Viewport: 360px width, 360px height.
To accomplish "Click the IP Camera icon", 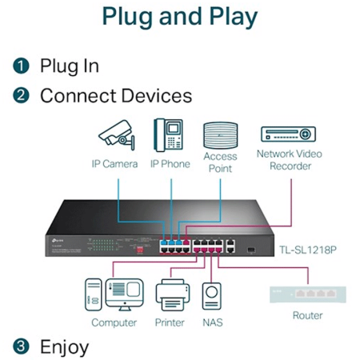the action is [117, 135].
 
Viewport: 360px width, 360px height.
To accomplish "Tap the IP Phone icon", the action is [168, 135].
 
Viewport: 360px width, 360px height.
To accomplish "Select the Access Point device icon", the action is [220, 135].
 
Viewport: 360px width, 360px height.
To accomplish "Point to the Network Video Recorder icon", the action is [288, 134].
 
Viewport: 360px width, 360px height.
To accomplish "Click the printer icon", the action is [173, 295].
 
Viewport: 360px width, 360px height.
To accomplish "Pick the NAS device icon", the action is [212, 296].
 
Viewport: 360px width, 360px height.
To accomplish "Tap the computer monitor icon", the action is [124, 294].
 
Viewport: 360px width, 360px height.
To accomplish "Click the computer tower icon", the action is [94, 294].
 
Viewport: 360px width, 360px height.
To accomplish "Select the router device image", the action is [308, 294].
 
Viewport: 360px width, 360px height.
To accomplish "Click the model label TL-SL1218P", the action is [308, 250].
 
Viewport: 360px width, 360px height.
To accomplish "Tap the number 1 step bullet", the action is [21, 66].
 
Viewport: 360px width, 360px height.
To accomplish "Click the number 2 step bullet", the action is [21, 96].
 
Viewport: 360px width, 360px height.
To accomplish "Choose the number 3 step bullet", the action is [21, 346].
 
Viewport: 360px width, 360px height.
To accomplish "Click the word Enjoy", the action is [64, 347].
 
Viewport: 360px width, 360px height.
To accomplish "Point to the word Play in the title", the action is [234, 17].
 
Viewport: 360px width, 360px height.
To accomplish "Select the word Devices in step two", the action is [157, 96].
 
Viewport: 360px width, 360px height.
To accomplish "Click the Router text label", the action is [308, 315].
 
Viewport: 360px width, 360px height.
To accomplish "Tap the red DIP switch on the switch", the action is [140, 250].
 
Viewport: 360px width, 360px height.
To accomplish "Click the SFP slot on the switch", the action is [251, 250].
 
